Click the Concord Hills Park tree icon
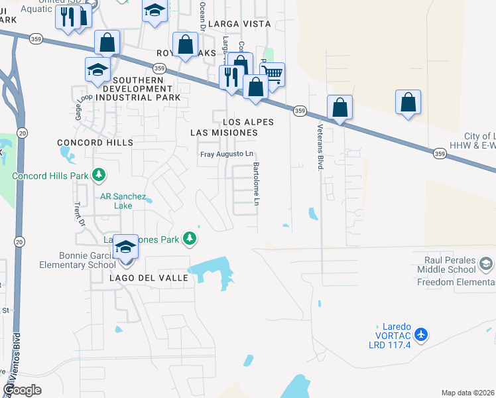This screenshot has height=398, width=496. click(x=99, y=175)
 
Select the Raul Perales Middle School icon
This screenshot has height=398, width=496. click(x=486, y=265)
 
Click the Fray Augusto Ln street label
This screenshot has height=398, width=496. click(x=227, y=155)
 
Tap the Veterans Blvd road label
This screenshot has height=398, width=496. click(x=320, y=147)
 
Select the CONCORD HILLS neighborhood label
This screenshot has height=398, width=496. click(x=95, y=143)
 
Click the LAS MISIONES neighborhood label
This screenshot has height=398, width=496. click(x=223, y=133)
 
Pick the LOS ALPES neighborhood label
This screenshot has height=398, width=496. click(x=248, y=122)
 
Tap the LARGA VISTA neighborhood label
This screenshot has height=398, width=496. click(x=239, y=24)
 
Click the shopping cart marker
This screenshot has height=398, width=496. click(x=272, y=75)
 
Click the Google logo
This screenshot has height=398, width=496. click(x=23, y=390)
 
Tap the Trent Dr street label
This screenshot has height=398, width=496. click(x=81, y=214)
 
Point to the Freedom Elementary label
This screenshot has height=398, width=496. click(x=456, y=283)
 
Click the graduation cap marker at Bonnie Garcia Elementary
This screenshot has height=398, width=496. click(x=125, y=247)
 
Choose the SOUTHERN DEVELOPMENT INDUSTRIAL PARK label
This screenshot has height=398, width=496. click(x=138, y=88)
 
